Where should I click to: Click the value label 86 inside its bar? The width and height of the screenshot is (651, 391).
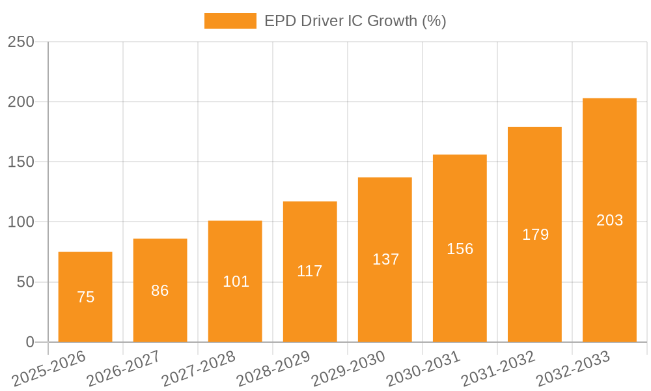pyautogui.click(x=160, y=291)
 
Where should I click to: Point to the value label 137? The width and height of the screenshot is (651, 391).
pyautogui.click(x=385, y=259)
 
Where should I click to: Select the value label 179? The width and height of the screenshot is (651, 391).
pyautogui.click(x=535, y=235)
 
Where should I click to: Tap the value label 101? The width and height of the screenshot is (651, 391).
pyautogui.click(x=236, y=282)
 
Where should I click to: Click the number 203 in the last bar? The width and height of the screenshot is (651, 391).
pyautogui.click(x=609, y=220)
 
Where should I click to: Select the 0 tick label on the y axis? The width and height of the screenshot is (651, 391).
pyautogui.click(x=29, y=342)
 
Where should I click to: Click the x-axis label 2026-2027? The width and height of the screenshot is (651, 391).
pyautogui.click(x=124, y=368)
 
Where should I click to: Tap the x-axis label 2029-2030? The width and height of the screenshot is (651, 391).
pyautogui.click(x=348, y=368)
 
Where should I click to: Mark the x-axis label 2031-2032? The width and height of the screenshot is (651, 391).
pyautogui.click(x=498, y=368)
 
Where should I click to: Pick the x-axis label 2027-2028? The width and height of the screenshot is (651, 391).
pyautogui.click(x=199, y=368)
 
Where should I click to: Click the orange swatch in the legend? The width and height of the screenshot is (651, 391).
pyautogui.click(x=230, y=21)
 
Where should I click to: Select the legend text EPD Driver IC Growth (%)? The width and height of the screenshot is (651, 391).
pyautogui.click(x=355, y=21)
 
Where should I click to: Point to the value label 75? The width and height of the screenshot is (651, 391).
pyautogui.click(x=85, y=297)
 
